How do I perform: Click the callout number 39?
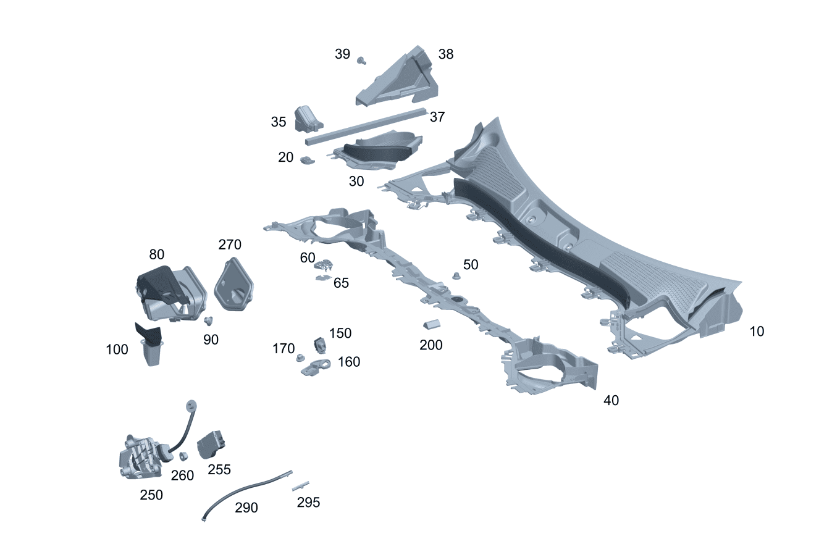coord(342,54)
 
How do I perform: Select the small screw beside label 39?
coord(362,60)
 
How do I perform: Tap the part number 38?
coord(445,54)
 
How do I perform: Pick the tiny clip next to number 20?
coord(308,161)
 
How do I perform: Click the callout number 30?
coord(356,182)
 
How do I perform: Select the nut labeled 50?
coord(456,276)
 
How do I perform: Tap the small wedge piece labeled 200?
coord(431,324)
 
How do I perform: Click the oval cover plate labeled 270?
coord(235,285)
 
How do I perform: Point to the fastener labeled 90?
coord(209,320)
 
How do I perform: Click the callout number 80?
coord(157,254)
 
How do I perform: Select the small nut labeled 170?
coord(301,358)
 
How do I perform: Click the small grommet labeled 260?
coord(183,457)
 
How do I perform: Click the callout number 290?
coord(246,508)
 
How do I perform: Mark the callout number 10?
coord(757,332)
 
